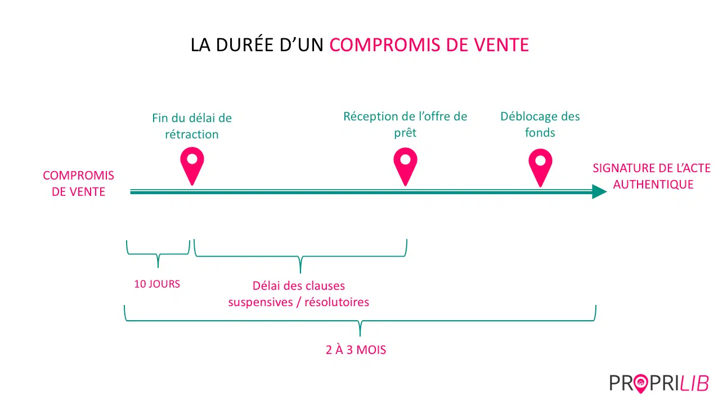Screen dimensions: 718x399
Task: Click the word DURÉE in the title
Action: coord(245,44)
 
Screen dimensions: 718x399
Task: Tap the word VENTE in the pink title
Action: coord(501,45)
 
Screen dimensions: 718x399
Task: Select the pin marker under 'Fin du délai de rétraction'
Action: coord(192,165)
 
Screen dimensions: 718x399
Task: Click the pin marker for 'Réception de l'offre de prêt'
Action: coord(406,167)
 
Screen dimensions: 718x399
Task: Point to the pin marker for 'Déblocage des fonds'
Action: coord(540,167)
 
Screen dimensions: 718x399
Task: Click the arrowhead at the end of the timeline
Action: coord(599,192)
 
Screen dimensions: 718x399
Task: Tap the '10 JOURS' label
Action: coord(157,284)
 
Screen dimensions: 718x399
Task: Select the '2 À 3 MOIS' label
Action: coord(356,349)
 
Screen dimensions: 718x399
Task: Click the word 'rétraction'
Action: coord(192,135)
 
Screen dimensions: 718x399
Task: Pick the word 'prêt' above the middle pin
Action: coord(405,133)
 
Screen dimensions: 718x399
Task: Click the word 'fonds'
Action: coord(540,132)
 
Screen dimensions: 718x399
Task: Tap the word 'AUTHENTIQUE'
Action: coord(653,184)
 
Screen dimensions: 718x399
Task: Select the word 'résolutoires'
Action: coord(336,302)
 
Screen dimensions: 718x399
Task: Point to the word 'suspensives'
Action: coord(261,302)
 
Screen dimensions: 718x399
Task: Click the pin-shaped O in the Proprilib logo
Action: coord(640,383)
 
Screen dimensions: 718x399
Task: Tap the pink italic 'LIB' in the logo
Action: coord(694,383)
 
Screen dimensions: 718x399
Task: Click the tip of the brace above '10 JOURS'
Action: coord(158,267)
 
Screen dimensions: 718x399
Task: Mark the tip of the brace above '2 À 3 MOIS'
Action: coord(360,335)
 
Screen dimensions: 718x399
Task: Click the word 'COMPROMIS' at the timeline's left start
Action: coord(79,176)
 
